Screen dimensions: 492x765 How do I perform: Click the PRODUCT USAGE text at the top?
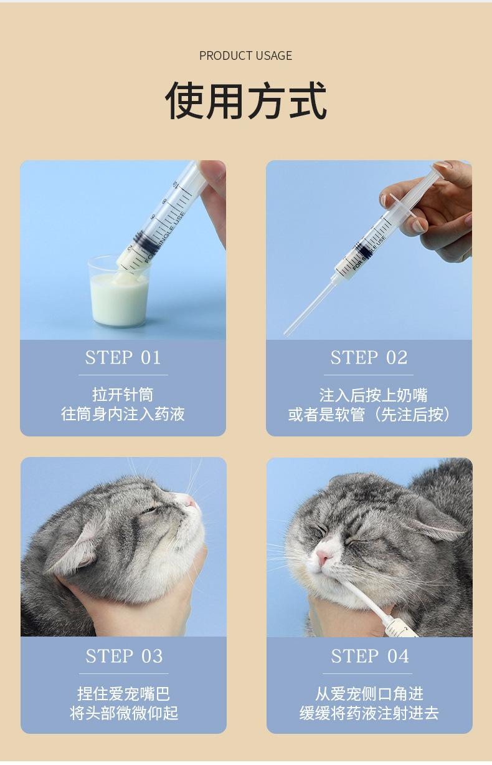pyautogui.click(x=245, y=55)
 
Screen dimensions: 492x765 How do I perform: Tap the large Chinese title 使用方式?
pyautogui.click(x=245, y=100)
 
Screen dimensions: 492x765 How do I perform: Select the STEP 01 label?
pyautogui.click(x=123, y=358)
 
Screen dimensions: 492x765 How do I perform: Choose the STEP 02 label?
pyautogui.click(x=369, y=358)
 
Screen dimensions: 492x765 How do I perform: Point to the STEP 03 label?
pyautogui.click(x=124, y=656)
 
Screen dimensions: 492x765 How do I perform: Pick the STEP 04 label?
pyautogui.click(x=370, y=656)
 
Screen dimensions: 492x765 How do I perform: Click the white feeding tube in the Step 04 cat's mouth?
pyautogui.click(x=362, y=599)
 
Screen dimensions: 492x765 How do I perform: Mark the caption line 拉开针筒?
pyautogui.click(x=123, y=395)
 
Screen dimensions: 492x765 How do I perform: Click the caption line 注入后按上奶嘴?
pyautogui.click(x=373, y=395)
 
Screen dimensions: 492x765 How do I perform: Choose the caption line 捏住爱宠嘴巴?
pyautogui.click(x=123, y=694)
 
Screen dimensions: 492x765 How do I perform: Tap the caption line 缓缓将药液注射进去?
pyautogui.click(x=369, y=713)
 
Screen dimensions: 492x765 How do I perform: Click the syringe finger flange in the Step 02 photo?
pyautogui.click(x=402, y=206)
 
